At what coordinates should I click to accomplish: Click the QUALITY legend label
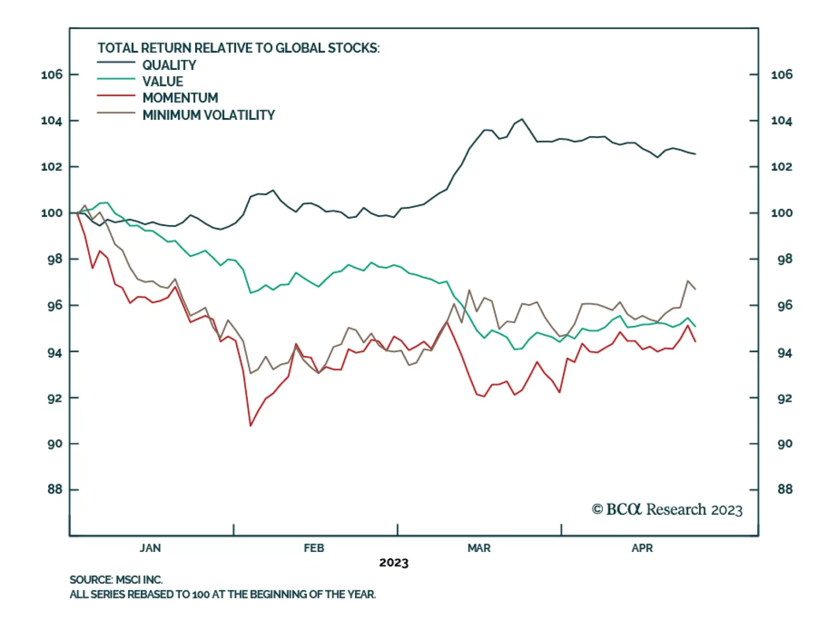[169, 65]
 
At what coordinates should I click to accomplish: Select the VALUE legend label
[162, 82]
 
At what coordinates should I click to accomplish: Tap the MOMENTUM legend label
[180, 98]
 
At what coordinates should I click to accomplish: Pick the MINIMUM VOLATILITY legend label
[209, 115]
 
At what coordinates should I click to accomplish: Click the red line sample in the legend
[116, 96]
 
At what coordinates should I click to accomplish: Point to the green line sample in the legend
[116, 79]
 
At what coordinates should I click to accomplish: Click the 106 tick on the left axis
[52, 74]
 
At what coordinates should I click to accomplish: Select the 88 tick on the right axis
[785, 489]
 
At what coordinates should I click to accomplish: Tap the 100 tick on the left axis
[52, 213]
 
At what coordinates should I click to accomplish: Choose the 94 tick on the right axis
[785, 353]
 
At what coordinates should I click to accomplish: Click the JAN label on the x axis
[150, 548]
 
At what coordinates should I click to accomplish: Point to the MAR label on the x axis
[479, 548]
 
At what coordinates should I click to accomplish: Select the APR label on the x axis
[642, 548]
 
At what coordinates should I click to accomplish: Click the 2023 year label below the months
[394, 563]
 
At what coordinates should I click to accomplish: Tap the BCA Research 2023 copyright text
[667, 509]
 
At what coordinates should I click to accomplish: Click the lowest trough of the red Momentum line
[250, 426]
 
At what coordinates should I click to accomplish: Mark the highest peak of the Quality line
[522, 119]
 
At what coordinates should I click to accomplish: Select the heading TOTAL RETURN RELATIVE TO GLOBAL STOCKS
[239, 48]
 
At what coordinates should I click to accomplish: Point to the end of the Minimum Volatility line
[695, 289]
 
